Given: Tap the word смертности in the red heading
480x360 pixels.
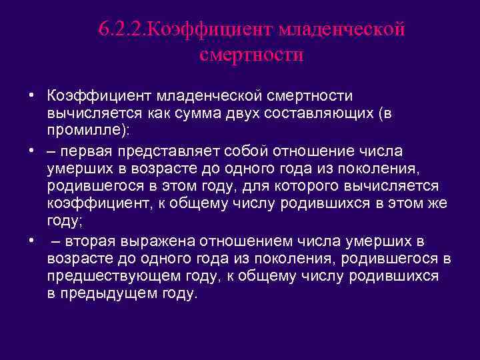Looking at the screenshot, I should [251, 54].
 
